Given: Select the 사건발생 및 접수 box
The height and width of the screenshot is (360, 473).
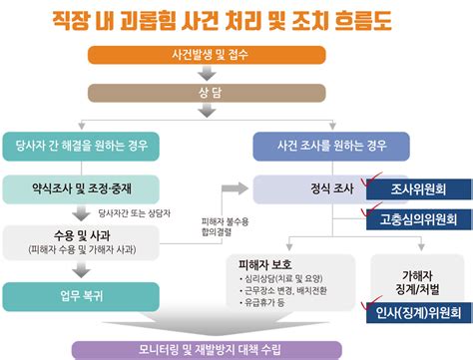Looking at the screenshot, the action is click(216, 54).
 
